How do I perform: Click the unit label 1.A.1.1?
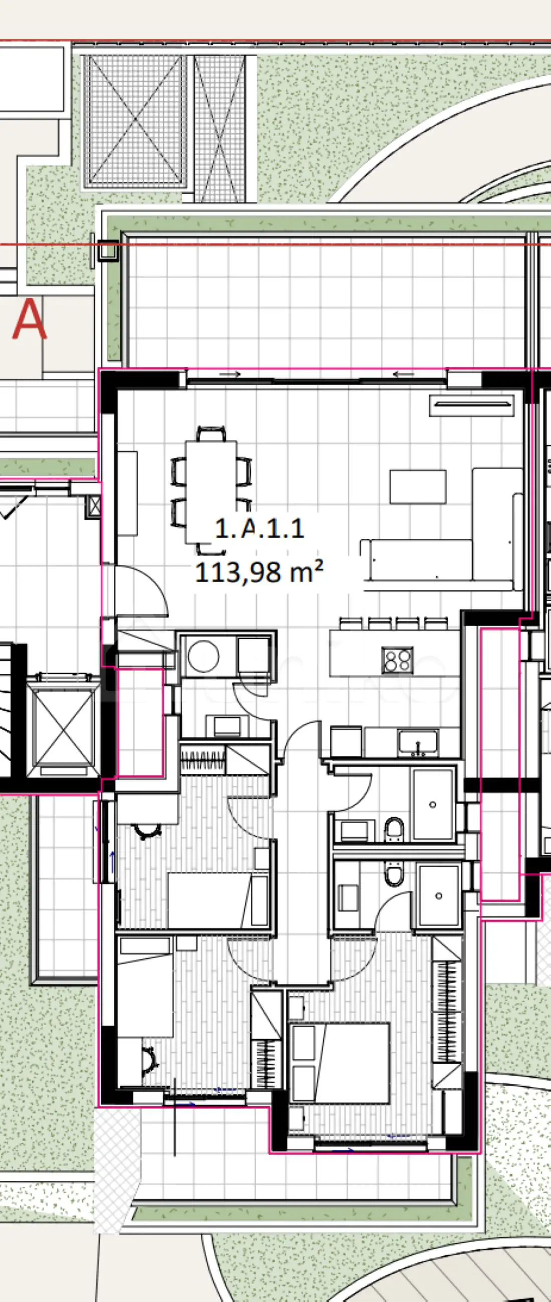tap(259, 529)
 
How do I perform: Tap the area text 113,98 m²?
tap(259, 572)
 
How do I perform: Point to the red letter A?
tap(29, 319)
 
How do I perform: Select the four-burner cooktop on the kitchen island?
tap(397, 660)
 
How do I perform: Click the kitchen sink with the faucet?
tap(418, 743)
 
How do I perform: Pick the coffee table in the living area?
tap(418, 486)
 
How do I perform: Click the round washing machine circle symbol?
tap(203, 656)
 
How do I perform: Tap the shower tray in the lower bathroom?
tap(439, 896)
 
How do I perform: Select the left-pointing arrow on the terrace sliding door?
tap(404, 374)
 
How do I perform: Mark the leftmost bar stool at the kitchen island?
tap(351, 623)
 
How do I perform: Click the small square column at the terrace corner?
tap(108, 250)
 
